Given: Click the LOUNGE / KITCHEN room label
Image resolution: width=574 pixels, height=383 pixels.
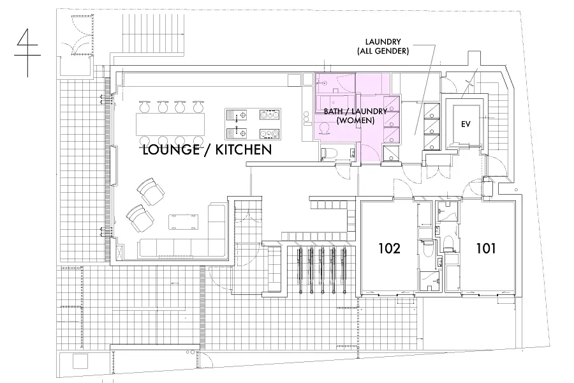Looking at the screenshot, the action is (207, 149).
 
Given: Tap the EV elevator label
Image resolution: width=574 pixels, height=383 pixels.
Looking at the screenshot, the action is (466, 124).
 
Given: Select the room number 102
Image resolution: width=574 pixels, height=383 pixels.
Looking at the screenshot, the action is (389, 248).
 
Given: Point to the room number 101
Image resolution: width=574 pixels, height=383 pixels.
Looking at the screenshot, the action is (486, 248).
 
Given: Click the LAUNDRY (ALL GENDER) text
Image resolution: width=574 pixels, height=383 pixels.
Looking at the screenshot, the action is (383, 47).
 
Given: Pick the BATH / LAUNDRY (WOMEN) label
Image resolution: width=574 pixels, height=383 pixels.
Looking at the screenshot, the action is (355, 116).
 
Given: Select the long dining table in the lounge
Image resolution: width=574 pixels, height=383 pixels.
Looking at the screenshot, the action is (170, 124).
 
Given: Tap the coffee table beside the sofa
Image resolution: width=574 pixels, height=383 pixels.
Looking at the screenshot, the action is (184, 222).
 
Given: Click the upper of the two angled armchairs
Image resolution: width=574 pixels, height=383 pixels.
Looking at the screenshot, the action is (151, 191).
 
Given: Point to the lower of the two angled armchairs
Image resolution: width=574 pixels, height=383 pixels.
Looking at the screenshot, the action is (140, 218).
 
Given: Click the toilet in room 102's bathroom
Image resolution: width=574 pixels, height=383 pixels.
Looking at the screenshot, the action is (427, 248).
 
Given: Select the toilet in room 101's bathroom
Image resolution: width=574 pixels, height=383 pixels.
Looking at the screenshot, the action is (448, 244).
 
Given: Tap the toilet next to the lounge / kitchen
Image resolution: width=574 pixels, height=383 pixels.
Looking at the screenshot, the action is (327, 154).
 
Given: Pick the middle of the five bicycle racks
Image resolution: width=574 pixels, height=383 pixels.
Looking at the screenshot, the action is (322, 270).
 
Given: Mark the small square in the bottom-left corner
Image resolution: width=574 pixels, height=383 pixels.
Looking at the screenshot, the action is (80, 361).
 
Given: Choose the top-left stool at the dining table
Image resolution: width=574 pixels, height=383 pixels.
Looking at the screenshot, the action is (144, 107).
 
